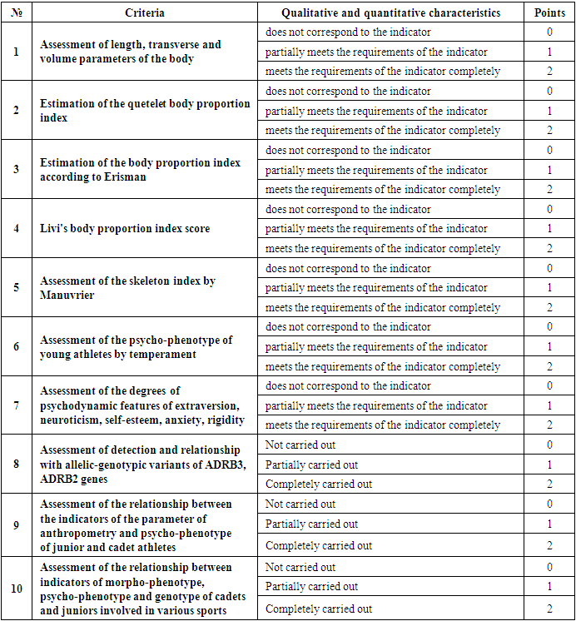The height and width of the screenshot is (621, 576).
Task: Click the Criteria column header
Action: click(144, 12)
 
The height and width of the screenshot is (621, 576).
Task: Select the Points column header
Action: click(549, 12)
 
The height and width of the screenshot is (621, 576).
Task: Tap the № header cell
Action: click(17, 12)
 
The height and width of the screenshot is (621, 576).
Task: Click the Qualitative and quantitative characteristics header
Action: click(390, 12)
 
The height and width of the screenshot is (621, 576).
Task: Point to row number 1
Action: click(17, 52)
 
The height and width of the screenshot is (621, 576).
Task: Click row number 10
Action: click(17, 589)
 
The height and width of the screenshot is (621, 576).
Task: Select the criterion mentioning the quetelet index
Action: click(145, 111)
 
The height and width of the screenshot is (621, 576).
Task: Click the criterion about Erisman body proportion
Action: click(140, 170)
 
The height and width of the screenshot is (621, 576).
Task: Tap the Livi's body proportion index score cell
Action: click(125, 229)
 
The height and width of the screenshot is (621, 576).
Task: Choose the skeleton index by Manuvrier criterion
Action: click(127, 287)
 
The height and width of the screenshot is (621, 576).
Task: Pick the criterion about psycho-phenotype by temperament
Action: click(136, 347)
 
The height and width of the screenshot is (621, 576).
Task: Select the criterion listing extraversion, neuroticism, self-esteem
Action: click(142, 405)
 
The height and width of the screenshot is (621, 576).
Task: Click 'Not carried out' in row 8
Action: click(300, 445)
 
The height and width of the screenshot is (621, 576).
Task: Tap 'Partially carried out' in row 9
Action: click(311, 524)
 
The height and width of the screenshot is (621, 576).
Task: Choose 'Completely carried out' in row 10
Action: click(319, 609)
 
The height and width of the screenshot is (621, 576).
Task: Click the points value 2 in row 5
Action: click(549, 307)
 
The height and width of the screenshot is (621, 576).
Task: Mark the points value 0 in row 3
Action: click(549, 151)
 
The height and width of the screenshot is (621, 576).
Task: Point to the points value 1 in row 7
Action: click(549, 405)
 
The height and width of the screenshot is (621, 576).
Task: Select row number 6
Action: click(17, 347)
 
